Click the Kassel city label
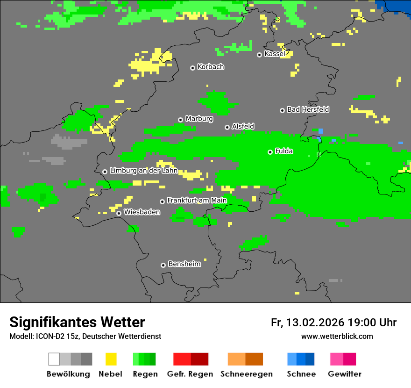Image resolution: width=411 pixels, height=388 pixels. pyautogui.click(x=275, y=54)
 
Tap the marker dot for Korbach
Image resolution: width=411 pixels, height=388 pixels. pyautogui.click(x=192, y=68)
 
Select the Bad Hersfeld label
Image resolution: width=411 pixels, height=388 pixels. pyautogui.click(x=308, y=109)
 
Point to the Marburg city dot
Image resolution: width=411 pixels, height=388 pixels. pyautogui.click(x=180, y=120)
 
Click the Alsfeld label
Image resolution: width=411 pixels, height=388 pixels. pyautogui.click(x=243, y=126)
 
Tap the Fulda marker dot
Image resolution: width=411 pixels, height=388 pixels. pyautogui.click(x=270, y=152)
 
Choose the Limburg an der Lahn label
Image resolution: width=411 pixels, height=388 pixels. pyautogui.click(x=143, y=171)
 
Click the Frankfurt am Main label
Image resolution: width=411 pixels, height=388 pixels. pyautogui.click(x=197, y=200)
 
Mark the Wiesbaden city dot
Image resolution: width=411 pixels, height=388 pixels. pyautogui.click(x=119, y=213)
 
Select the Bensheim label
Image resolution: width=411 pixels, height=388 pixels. pyautogui.click(x=184, y=264)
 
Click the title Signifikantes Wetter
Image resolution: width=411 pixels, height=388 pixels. pyautogui.click(x=77, y=322)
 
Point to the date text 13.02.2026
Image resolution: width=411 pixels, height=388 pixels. pyautogui.click(x=315, y=323)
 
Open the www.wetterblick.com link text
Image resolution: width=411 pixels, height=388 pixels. pyautogui.click(x=337, y=336)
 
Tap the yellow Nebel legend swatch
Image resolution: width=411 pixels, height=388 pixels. pyautogui.click(x=111, y=359)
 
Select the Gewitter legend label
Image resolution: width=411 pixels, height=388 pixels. pyautogui.click(x=345, y=374)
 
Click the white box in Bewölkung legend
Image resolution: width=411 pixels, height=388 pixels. pyautogui.click(x=54, y=359)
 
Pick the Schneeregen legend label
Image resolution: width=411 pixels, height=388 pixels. pyautogui.click(x=247, y=374)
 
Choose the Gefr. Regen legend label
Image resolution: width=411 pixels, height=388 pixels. pyautogui.click(x=190, y=374)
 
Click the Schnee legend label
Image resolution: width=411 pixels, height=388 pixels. pyautogui.click(x=301, y=374)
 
